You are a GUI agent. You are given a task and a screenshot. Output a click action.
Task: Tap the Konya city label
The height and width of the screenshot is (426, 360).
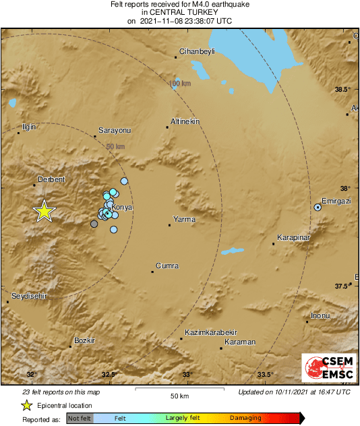(x=121, y=207)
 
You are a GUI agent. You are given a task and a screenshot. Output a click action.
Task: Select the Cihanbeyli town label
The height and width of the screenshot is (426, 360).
(x=196, y=51)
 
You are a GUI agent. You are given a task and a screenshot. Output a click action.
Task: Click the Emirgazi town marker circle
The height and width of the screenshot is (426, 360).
(x=318, y=208)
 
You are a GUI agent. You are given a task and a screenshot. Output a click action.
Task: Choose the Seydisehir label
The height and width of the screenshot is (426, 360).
(x=28, y=295)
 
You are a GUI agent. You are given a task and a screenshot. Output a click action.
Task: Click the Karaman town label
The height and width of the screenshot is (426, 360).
(x=239, y=342)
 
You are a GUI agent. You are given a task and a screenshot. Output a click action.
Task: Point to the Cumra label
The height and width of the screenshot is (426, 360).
(x=167, y=266)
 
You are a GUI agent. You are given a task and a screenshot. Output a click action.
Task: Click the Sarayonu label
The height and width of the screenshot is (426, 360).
(x=115, y=129)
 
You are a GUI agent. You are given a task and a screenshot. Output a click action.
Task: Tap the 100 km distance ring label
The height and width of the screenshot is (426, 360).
(x=180, y=84)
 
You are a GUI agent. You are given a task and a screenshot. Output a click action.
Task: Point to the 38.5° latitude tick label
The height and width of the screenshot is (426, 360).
(x=343, y=89)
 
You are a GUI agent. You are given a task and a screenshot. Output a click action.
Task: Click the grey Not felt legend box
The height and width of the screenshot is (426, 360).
(x=80, y=418)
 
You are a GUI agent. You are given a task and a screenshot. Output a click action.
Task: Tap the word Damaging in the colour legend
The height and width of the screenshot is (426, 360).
(x=245, y=418)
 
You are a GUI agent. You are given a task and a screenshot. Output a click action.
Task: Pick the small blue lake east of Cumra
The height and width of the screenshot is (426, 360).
(x=233, y=251)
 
